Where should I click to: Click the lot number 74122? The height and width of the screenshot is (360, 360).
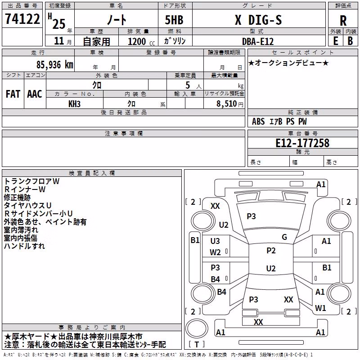[22, 19]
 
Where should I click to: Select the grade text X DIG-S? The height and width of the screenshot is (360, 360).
[258, 20]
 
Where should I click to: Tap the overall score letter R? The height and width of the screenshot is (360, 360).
[343, 21]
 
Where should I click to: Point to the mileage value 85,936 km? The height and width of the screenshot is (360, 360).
[54, 64]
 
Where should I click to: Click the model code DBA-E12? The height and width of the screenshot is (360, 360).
[258, 41]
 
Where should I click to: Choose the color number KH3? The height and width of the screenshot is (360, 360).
[74, 104]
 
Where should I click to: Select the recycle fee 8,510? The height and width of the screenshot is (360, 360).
[226, 104]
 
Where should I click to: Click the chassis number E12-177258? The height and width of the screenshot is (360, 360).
[302, 143]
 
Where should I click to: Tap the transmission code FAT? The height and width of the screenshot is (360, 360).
[13, 94]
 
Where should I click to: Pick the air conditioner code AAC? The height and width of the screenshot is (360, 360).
[35, 94]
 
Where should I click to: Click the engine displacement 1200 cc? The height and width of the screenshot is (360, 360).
[141, 41]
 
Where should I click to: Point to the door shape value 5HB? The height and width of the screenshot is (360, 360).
[174, 20]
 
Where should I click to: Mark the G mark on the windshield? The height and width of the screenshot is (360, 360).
[284, 237]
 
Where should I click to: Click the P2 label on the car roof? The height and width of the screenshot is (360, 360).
[271, 251]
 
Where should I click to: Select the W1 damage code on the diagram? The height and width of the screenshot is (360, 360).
[320, 308]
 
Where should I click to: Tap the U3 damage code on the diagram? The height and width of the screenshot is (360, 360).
[215, 241]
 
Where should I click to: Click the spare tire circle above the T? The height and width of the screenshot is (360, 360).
[197, 328]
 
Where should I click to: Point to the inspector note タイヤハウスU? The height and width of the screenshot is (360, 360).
[27, 206]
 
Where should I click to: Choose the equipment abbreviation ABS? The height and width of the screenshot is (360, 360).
[258, 121]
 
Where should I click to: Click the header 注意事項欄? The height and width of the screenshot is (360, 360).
[123, 133]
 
